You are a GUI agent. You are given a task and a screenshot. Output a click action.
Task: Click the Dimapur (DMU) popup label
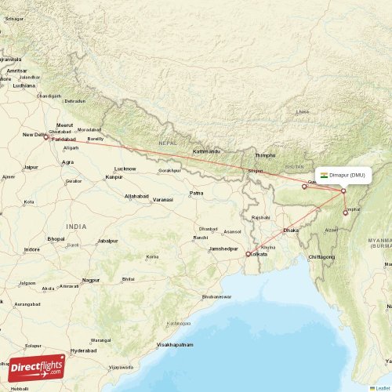pos(342,175)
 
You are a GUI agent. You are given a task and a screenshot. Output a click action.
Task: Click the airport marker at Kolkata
pos(248,254)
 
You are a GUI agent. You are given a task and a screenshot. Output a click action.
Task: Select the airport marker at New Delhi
pos(45,137)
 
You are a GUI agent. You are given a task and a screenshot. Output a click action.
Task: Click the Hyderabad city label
pos(84,350)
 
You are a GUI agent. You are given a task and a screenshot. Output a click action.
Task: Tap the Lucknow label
pos(125,169)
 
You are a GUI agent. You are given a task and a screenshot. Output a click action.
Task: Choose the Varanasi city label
pos(162,200)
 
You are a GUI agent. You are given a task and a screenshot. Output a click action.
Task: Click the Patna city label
pos(196,193)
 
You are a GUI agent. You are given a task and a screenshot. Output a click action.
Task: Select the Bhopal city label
pos(56,238)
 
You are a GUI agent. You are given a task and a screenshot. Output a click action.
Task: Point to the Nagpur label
pos(91,280)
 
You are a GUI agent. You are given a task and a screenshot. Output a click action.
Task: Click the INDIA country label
pos(76,226)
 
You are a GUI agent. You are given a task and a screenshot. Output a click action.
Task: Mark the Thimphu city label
pos(267,155)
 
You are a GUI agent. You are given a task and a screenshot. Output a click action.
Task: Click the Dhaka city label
pos(291,230)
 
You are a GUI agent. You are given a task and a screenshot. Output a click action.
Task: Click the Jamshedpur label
pos(223,249)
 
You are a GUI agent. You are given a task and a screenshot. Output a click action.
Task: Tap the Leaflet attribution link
pos(382,387)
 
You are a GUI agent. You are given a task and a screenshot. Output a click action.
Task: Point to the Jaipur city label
pos(31,167)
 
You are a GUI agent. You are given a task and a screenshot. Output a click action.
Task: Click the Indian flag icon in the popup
pos(324,175)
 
